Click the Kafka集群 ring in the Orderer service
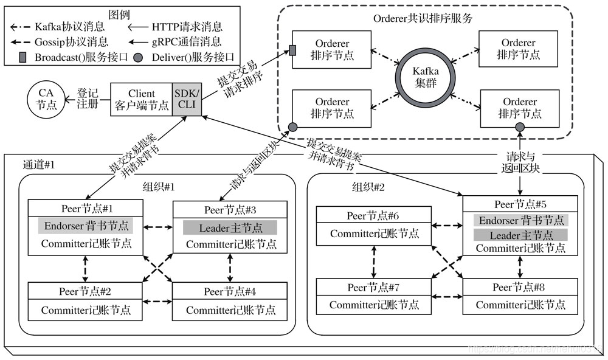(x=426, y=75)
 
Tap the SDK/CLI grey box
(x=185, y=99)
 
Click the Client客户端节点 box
(x=140, y=99)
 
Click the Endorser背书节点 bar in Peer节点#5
(x=520, y=220)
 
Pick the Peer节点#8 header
(x=520, y=287)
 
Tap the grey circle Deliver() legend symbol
(x=139, y=58)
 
